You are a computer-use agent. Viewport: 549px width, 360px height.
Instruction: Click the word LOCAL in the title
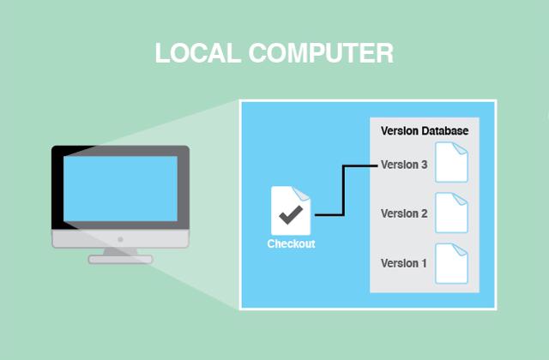tap(191, 53)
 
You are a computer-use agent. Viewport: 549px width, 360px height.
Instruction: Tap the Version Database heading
tap(425, 131)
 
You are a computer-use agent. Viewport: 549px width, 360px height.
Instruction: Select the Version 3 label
tap(404, 165)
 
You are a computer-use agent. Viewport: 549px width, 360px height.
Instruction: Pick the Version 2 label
tap(404, 213)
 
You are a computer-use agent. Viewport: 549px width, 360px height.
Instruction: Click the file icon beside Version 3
tap(452, 163)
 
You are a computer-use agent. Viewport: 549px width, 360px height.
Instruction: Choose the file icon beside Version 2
tap(452, 213)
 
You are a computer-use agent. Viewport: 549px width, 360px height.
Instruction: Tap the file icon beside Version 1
tap(452, 263)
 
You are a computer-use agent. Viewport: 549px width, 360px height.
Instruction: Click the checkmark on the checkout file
tap(290, 212)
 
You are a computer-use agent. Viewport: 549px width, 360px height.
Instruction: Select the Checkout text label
tap(291, 244)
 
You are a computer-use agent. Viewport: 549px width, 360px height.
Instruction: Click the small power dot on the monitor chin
tap(120, 239)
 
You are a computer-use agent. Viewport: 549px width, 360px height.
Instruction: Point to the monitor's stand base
tap(120, 259)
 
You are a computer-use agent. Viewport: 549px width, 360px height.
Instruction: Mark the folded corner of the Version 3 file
tap(463, 148)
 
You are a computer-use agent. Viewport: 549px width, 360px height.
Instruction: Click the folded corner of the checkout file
tap(305, 192)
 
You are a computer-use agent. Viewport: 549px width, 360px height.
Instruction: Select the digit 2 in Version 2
tap(424, 213)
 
